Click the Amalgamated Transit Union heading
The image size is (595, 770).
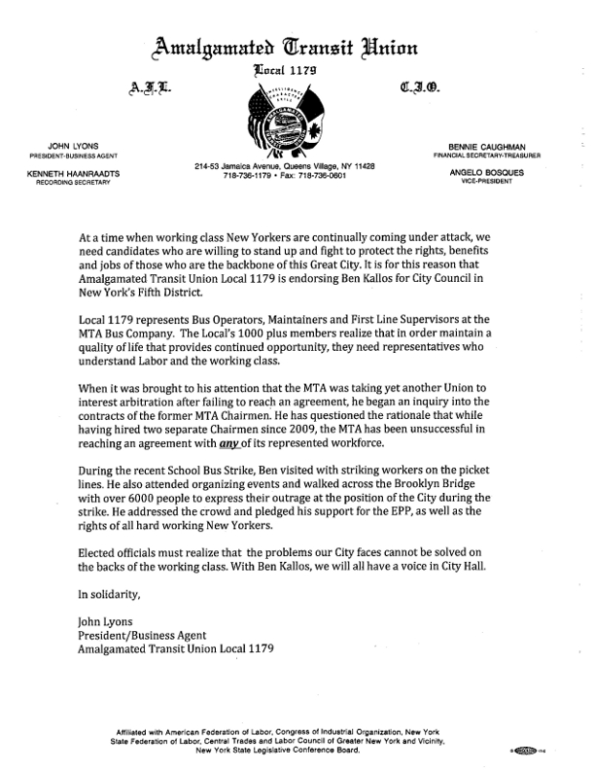tap(297, 45)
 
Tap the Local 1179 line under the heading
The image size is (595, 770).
tap(297, 70)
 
